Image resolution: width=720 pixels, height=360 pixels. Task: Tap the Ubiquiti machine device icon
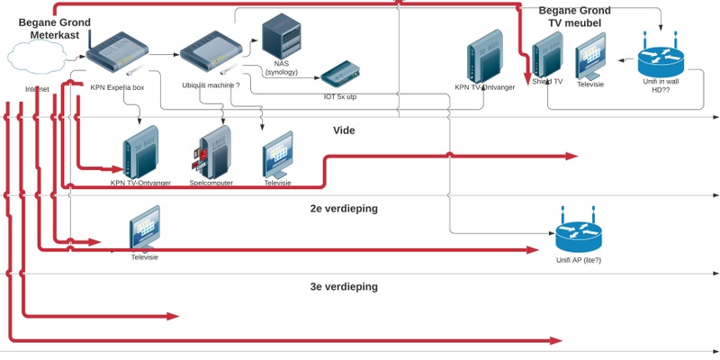pyautogui.click(x=209, y=54)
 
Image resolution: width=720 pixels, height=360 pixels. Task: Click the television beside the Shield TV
pyautogui.click(x=590, y=56)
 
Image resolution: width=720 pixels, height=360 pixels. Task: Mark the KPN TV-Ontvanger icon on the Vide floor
pyautogui.click(x=140, y=150)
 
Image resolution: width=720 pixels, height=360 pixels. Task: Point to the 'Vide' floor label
pyautogui.click(x=344, y=130)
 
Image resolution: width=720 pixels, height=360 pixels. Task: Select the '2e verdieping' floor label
pyautogui.click(x=343, y=209)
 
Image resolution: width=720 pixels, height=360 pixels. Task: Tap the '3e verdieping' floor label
pyautogui.click(x=343, y=287)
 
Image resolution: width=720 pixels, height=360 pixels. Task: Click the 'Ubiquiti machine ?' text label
pyautogui.click(x=211, y=86)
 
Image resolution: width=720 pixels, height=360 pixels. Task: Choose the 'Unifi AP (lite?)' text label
pyautogui.click(x=578, y=260)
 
